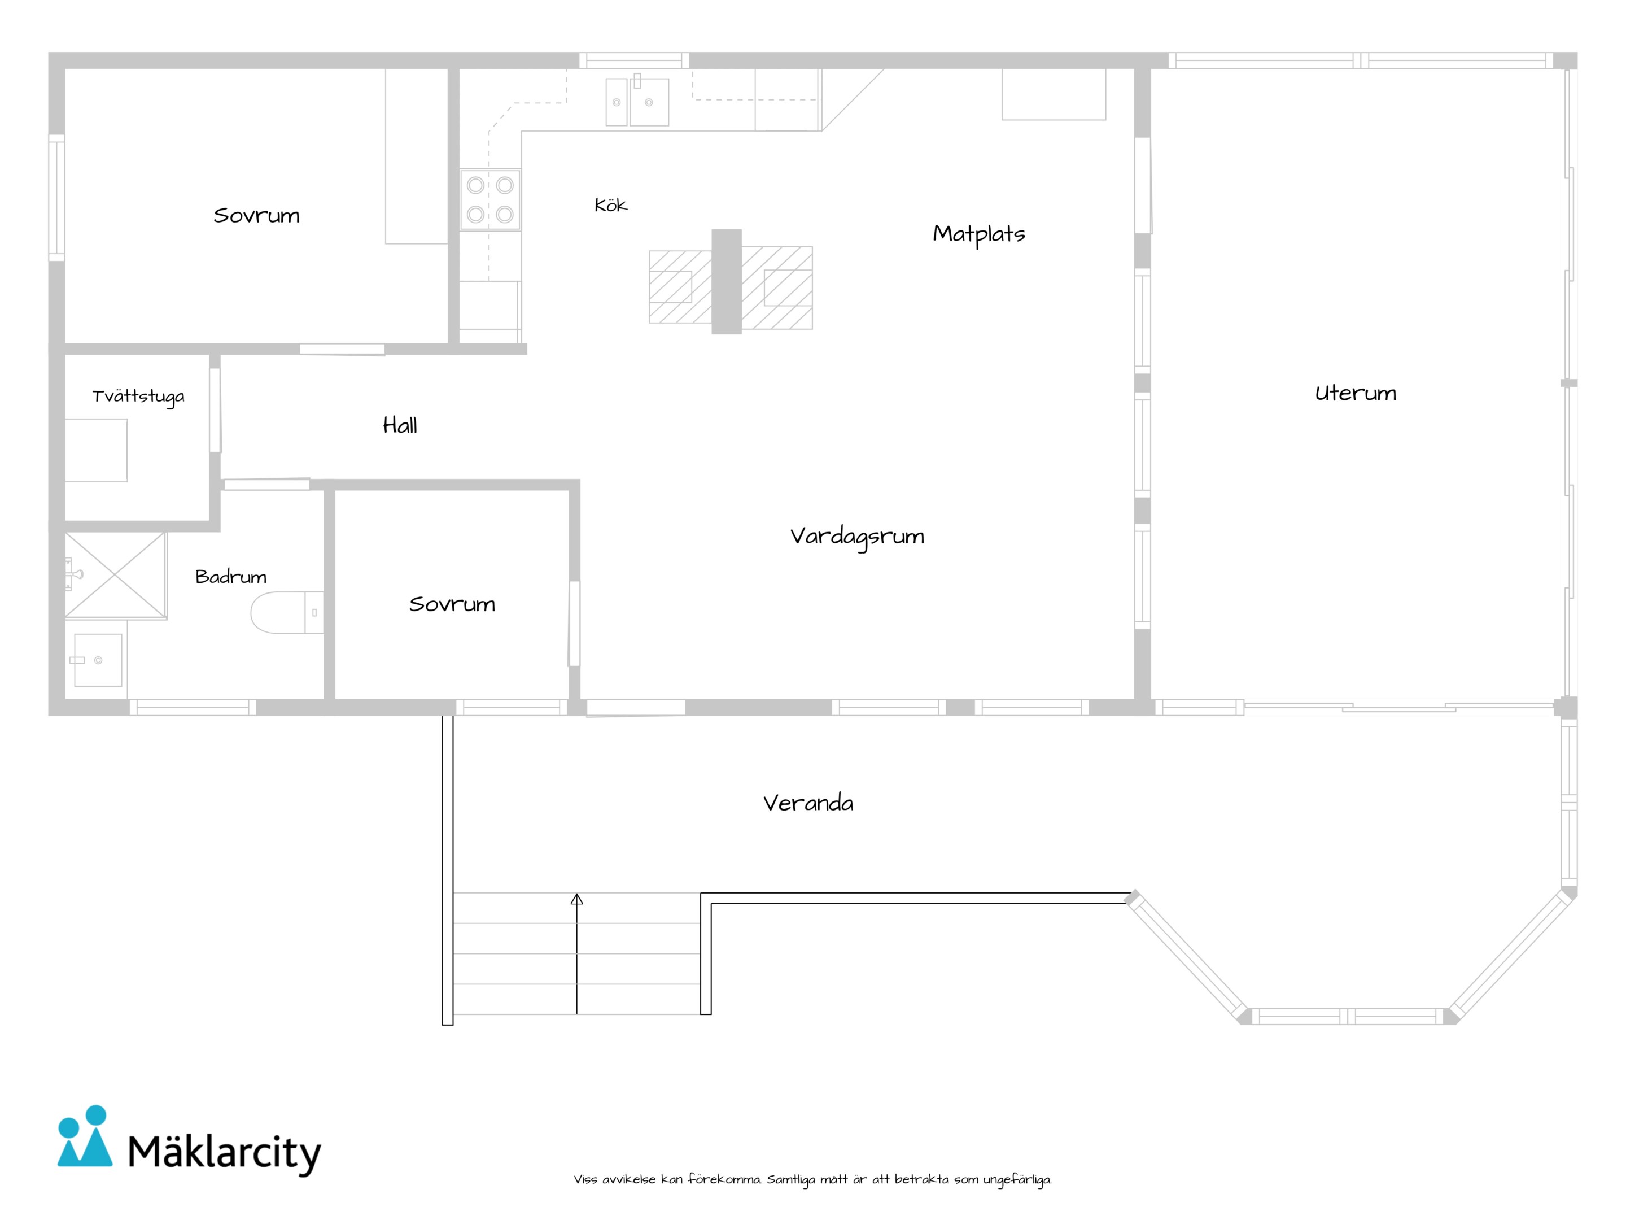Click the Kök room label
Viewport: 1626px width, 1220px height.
(x=610, y=204)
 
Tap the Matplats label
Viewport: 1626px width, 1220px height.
(x=978, y=234)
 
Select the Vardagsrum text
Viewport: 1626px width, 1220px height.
(x=857, y=537)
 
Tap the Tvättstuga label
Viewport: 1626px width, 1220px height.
(x=138, y=397)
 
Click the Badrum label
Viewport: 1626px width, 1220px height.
(x=231, y=577)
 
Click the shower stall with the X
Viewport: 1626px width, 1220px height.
(x=115, y=575)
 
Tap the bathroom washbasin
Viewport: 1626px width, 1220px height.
(x=98, y=660)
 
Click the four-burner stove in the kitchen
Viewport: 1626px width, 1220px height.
(x=490, y=199)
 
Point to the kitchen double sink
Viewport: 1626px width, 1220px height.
(x=637, y=102)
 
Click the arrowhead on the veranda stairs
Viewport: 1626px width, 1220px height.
(x=577, y=899)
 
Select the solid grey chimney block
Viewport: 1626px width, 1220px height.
(x=726, y=282)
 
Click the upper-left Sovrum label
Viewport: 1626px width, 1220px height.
(x=256, y=215)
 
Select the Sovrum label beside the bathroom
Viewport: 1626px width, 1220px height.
(x=452, y=604)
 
